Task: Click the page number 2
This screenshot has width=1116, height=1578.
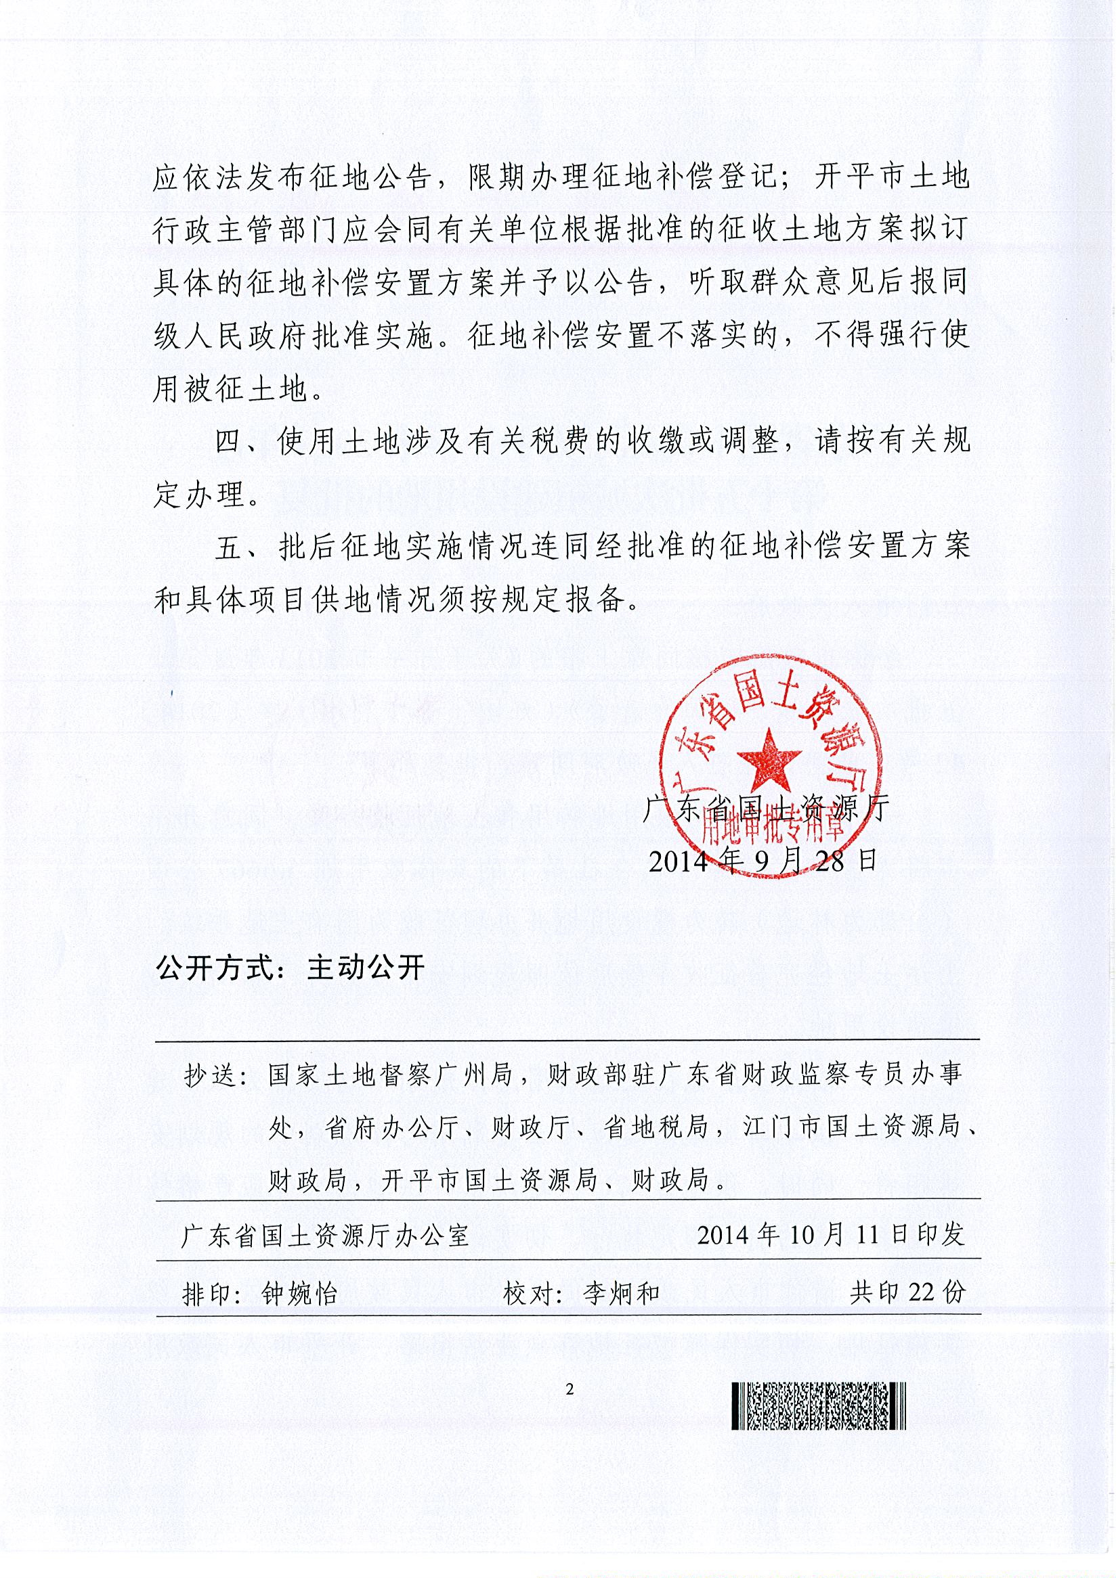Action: click(x=569, y=1389)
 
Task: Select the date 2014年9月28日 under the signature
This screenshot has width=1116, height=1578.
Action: click(x=763, y=861)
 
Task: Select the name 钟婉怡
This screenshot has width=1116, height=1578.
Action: click(x=300, y=1294)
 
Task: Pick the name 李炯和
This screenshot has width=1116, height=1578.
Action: click(x=621, y=1294)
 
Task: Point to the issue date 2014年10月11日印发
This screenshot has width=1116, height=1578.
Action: click(x=831, y=1235)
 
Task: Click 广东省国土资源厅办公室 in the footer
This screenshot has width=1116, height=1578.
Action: click(x=324, y=1236)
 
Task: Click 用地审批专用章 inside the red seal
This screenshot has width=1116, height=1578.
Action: click(x=771, y=831)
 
